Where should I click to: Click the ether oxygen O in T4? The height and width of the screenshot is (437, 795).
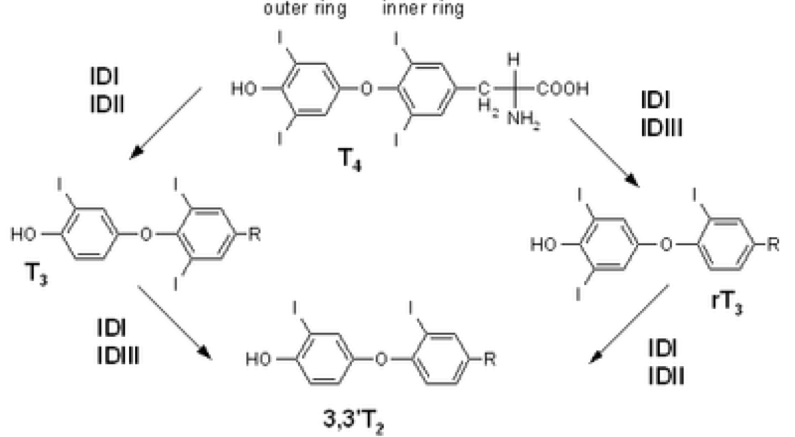[364, 90]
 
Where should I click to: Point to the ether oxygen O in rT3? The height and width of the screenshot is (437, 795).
[665, 245]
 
